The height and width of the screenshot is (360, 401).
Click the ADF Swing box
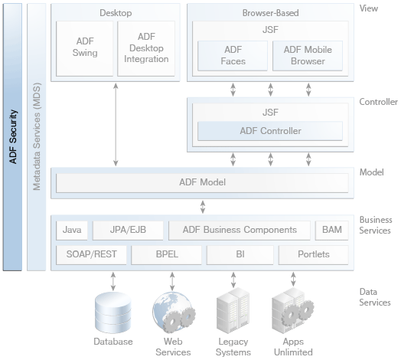coord(85,49)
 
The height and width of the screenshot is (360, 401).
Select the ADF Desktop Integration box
coord(146,49)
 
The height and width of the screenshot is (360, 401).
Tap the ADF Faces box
coord(233,56)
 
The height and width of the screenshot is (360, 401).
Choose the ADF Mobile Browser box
coord(308,56)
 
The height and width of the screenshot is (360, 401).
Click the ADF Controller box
coord(270,131)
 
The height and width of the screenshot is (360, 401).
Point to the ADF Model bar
coord(202,183)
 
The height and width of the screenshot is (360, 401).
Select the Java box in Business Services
coord(72,231)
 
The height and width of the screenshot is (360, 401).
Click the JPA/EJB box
coord(128,231)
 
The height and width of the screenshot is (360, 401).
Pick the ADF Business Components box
coord(240,231)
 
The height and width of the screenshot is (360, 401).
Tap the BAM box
coord(331,231)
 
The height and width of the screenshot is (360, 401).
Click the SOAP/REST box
coord(91,255)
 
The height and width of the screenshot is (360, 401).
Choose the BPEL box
coord(167,255)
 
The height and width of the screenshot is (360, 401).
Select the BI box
coord(240,255)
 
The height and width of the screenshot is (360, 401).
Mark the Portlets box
coord(314,255)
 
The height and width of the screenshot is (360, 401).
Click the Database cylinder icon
coord(113,313)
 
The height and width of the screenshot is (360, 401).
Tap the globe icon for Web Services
coord(172,313)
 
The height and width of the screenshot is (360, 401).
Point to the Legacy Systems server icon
coord(233,310)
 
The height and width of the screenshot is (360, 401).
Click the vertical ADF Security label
coord(13,137)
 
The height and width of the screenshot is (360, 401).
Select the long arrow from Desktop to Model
coord(116,124)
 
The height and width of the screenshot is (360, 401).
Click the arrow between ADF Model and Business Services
coord(203,207)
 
